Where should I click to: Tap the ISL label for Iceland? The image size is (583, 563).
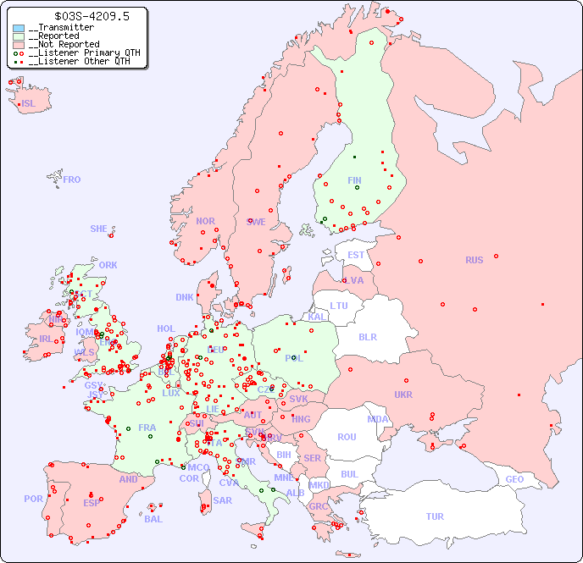[29, 104]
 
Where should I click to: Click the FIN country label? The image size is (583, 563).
[354, 180]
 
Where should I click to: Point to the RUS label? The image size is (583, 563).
[474, 260]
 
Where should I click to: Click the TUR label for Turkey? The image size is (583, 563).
[435, 516]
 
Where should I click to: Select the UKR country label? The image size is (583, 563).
[403, 395]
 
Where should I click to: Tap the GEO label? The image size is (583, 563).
[514, 479]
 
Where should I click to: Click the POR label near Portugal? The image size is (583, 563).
[33, 499]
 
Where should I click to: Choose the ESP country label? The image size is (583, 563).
[92, 502]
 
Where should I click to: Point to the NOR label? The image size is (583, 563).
[205, 221]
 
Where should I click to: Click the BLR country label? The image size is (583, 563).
[367, 336]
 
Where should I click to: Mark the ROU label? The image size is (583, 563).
[347, 437]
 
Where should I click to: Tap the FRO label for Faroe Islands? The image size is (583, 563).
[72, 179]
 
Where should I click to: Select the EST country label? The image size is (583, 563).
[356, 255]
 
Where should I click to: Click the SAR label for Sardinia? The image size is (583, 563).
[222, 500]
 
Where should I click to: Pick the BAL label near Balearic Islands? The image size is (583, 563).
[153, 519]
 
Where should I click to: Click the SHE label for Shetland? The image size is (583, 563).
[99, 229]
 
